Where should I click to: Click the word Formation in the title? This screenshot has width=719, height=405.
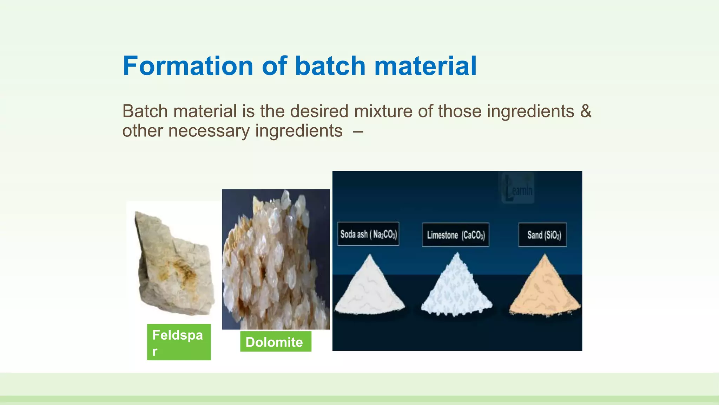[188, 66]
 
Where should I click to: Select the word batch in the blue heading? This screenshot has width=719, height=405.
[330, 66]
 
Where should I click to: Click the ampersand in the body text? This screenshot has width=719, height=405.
[586, 111]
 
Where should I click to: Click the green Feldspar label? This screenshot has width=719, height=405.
[179, 342]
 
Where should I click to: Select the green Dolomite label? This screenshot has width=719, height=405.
[276, 342]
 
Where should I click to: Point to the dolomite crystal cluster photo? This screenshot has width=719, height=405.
[276, 259]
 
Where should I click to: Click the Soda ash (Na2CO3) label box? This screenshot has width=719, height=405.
[368, 234]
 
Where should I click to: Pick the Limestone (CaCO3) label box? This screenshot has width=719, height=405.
[455, 235]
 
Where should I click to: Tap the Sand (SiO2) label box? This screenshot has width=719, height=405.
[542, 235]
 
